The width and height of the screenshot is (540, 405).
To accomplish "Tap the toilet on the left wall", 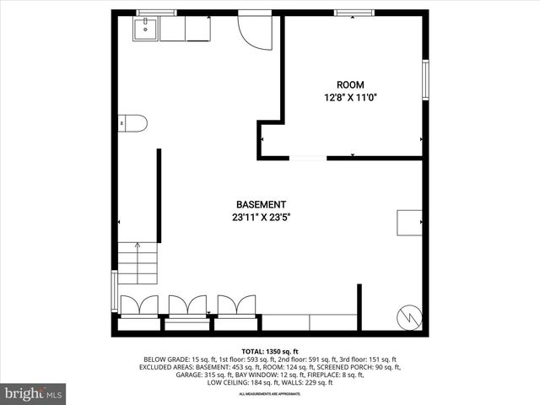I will pyautogui.click(x=133, y=123).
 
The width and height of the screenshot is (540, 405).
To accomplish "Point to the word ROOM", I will pyautogui.click(x=350, y=84).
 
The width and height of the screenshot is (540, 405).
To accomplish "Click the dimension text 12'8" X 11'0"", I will pyautogui.click(x=350, y=97).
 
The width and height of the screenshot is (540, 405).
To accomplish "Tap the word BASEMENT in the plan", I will pyautogui.click(x=261, y=205).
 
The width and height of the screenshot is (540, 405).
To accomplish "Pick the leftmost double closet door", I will pyautogui.click(x=138, y=305).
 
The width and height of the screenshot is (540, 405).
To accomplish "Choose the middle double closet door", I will pyautogui.click(x=187, y=305).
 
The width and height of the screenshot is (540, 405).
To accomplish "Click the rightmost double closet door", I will pyautogui.click(x=236, y=305).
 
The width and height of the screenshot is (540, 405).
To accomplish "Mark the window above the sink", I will pyautogui.click(x=156, y=13).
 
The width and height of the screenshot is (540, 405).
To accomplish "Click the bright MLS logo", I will pyautogui.click(x=34, y=393).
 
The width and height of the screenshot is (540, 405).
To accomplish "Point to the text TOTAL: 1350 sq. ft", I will pyautogui.click(x=270, y=351).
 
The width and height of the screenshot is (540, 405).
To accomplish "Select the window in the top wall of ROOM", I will pyautogui.click(x=348, y=13).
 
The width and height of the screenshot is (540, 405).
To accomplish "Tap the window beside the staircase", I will pyautogui.click(x=115, y=291).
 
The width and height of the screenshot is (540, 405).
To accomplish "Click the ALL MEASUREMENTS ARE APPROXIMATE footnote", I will pyautogui.click(x=270, y=394).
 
